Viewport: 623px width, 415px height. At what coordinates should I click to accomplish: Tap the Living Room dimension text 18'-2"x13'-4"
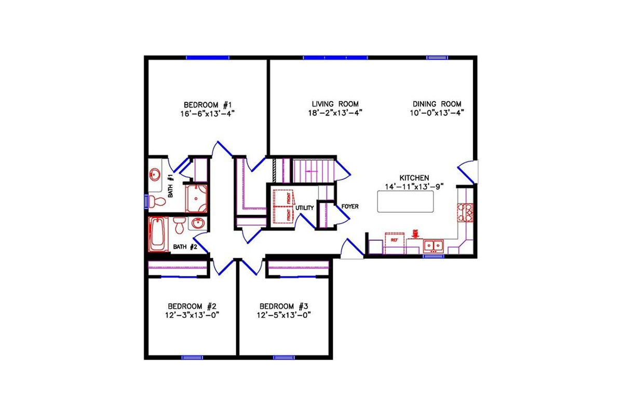pyautogui.click(x=335, y=112)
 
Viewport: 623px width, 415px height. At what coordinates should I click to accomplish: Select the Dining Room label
pyautogui.click(x=437, y=103)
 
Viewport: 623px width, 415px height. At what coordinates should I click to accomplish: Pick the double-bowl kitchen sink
pyautogui.click(x=433, y=245)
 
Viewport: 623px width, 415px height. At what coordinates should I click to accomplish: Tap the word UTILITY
pyautogui.click(x=305, y=208)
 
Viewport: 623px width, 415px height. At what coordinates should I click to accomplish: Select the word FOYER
pyautogui.click(x=350, y=206)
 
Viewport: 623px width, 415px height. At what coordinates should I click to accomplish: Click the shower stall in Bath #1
pyautogui.click(x=196, y=199)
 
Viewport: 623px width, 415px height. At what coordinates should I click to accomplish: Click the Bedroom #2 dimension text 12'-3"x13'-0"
pyautogui.click(x=190, y=315)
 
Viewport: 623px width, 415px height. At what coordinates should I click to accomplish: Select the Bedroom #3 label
pyautogui.click(x=284, y=306)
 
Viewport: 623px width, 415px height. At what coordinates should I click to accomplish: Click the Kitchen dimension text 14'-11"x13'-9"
pyautogui.click(x=414, y=187)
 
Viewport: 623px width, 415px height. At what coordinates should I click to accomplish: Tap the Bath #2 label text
pyautogui.click(x=185, y=247)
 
